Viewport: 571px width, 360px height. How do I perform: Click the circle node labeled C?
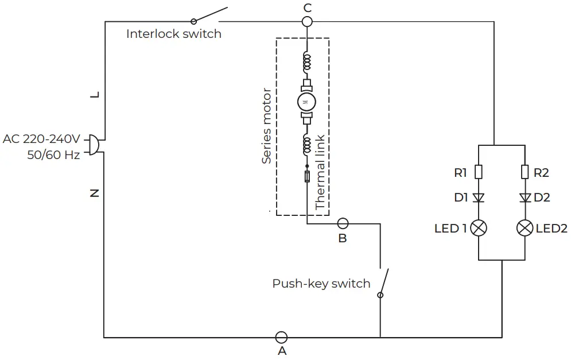[307, 22]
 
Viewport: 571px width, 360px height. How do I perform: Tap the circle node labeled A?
[281, 337]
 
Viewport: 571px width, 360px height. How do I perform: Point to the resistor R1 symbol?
[479, 172]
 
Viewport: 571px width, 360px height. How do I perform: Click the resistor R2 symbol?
[525, 172]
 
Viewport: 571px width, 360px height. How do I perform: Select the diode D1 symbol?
[479, 198]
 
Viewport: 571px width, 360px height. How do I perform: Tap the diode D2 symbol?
[525, 198]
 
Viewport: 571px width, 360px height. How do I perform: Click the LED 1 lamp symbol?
[479, 228]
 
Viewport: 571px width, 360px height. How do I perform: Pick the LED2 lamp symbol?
[525, 228]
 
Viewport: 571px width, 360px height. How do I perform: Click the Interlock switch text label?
[173, 34]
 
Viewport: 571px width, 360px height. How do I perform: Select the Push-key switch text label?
[321, 284]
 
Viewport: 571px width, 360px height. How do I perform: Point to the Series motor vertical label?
[266, 126]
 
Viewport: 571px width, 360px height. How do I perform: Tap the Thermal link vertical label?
[320, 172]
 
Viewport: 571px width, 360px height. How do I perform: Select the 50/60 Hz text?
[53, 155]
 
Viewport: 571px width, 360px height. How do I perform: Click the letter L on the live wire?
[95, 95]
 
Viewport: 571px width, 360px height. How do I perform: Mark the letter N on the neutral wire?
[95, 193]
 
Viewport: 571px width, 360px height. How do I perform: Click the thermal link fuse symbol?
[307, 176]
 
